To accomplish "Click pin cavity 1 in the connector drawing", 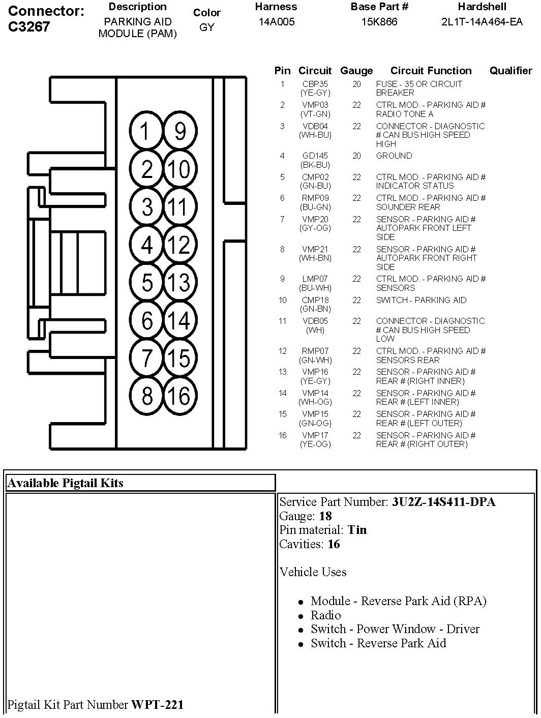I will tap(146, 132).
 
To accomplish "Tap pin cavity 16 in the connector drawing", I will tap(178, 396).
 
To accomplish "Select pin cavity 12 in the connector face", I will tap(178, 245).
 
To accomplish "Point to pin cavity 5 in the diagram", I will tap(147, 282).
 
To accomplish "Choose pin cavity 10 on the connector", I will tap(178, 169).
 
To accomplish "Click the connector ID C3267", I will tap(29, 26).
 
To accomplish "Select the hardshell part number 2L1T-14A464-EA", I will tap(482, 22).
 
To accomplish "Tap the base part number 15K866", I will tap(379, 22).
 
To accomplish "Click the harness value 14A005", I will tap(276, 22).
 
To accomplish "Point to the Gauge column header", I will tap(356, 71).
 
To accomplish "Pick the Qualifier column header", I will tap(510, 71).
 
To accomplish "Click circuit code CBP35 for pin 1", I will tap(315, 84).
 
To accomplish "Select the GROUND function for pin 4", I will tap(394, 156).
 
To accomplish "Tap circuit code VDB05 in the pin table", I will tap(315, 321).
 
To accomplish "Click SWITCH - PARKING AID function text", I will tap(421, 300).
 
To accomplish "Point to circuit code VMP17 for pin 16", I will tap(315, 436).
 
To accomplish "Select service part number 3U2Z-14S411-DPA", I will tap(443, 502).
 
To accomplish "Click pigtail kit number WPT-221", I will tap(158, 704).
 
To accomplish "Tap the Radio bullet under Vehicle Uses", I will tap(326, 615).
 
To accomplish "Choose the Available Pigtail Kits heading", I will tap(65, 483).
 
